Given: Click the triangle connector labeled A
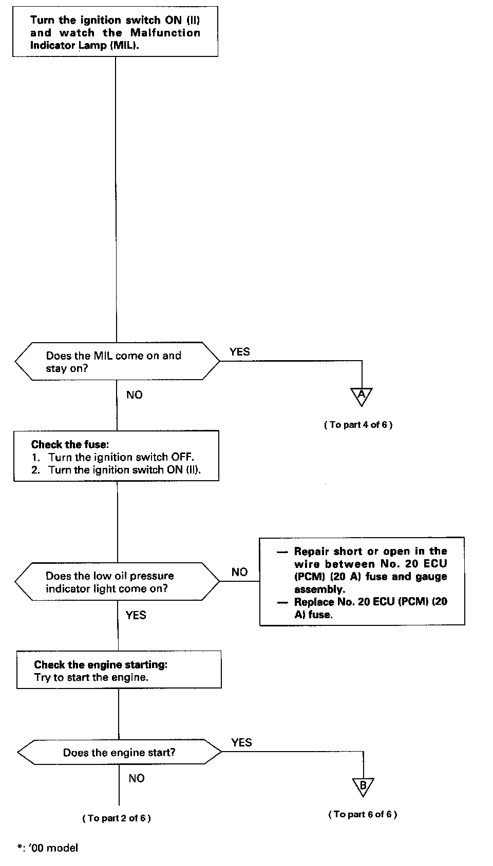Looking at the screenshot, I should pyautogui.click(x=362, y=396).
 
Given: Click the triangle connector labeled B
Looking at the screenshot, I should pyautogui.click(x=363, y=786).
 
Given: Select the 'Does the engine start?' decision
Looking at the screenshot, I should pyautogui.click(x=119, y=753).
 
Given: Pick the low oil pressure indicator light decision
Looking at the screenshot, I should pyautogui.click(x=117, y=582).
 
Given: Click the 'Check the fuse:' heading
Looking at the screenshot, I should pyautogui.click(x=70, y=444).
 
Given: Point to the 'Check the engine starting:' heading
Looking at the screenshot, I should pyautogui.click(x=101, y=664).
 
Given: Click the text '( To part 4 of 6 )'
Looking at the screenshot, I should pyautogui.click(x=358, y=425).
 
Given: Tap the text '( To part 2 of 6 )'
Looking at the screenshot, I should pyautogui.click(x=117, y=818).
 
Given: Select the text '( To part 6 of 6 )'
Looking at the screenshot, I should pyautogui.click(x=363, y=814).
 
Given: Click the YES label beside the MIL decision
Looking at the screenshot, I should pyautogui.click(x=240, y=351).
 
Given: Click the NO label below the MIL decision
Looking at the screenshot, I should pyautogui.click(x=135, y=395).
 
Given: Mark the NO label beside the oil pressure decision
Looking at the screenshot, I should pyautogui.click(x=239, y=572).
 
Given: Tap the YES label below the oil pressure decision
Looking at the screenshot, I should pyautogui.click(x=136, y=615).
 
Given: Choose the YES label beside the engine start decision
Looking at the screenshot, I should pyautogui.click(x=241, y=742).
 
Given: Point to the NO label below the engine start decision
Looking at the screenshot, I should pyautogui.click(x=137, y=778).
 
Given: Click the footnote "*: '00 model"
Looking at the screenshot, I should pyautogui.click(x=48, y=848).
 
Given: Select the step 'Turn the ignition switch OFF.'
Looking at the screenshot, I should pyautogui.click(x=121, y=457).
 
